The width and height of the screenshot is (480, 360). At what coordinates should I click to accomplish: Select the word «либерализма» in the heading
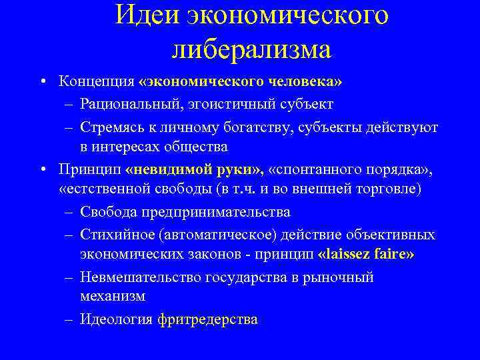coord(250,49)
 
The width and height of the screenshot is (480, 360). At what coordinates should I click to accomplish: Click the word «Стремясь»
coord(109,126)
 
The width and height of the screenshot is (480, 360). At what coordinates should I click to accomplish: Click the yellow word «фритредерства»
coord(208,319)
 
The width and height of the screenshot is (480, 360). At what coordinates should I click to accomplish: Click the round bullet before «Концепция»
coord(42,83)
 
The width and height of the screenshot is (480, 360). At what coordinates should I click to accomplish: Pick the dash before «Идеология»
coord(69,319)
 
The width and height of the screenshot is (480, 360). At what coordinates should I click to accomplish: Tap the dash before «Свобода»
coord(69,212)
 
